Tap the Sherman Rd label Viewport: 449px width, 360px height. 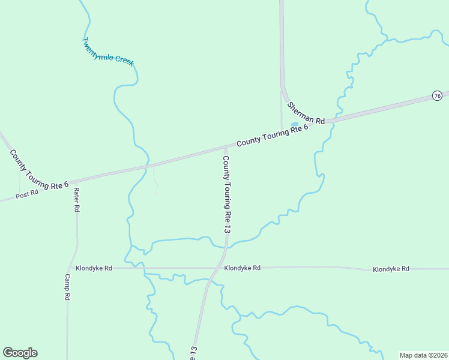(306, 113)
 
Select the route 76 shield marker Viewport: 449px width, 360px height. (437, 96)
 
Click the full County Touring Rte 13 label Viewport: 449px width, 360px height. (227, 194)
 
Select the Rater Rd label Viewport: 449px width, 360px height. (77, 200)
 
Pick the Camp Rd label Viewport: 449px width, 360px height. (68, 287)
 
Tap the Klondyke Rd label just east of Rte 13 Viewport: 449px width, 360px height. (243, 268)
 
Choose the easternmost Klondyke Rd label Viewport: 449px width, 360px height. (391, 269)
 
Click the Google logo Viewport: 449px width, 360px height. (20, 353)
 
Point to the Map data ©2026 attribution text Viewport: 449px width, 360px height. (423, 355)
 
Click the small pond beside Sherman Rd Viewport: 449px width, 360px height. (295, 125)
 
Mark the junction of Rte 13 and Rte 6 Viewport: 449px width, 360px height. (226, 146)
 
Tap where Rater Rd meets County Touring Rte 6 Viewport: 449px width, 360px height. (76, 180)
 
